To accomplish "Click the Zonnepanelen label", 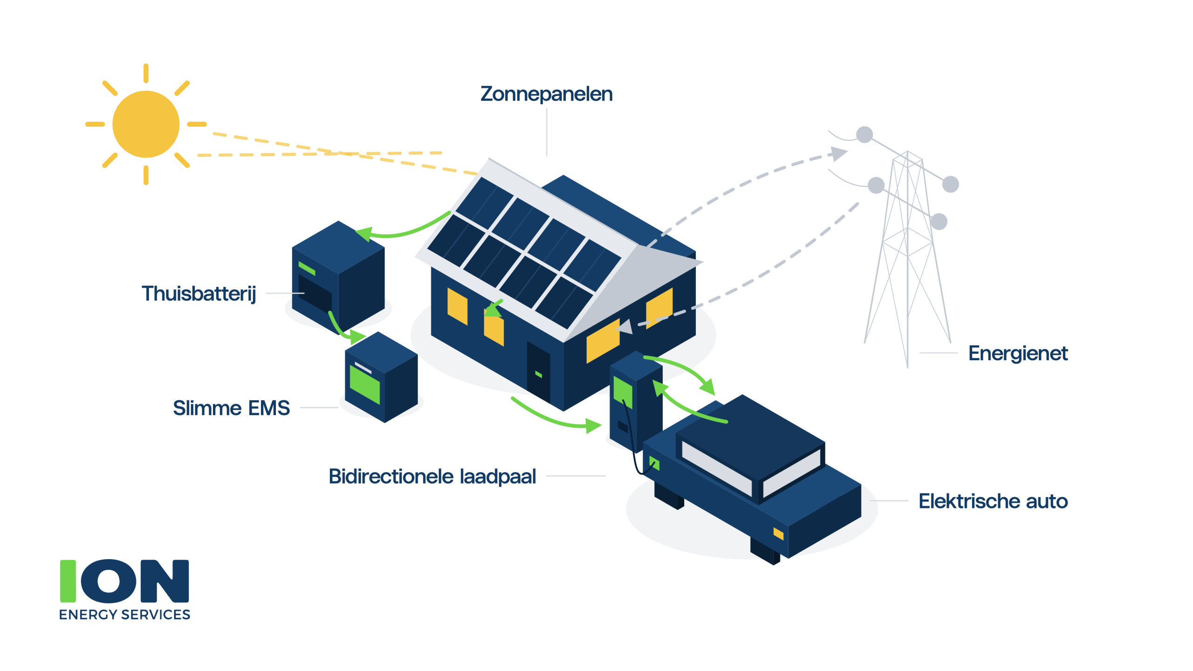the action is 546,94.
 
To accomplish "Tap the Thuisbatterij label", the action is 199,294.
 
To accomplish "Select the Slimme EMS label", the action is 232,408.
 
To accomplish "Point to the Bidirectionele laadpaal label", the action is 432,476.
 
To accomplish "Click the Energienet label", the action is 1018,353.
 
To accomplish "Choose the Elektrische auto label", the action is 993,501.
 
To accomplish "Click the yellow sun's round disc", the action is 146,124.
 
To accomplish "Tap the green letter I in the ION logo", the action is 68,581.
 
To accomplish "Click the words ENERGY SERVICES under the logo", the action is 125,615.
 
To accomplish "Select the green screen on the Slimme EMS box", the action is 364,384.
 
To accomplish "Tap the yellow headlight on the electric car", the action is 778,534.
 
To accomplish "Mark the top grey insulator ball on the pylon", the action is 864,135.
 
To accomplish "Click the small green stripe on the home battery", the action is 307,268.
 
